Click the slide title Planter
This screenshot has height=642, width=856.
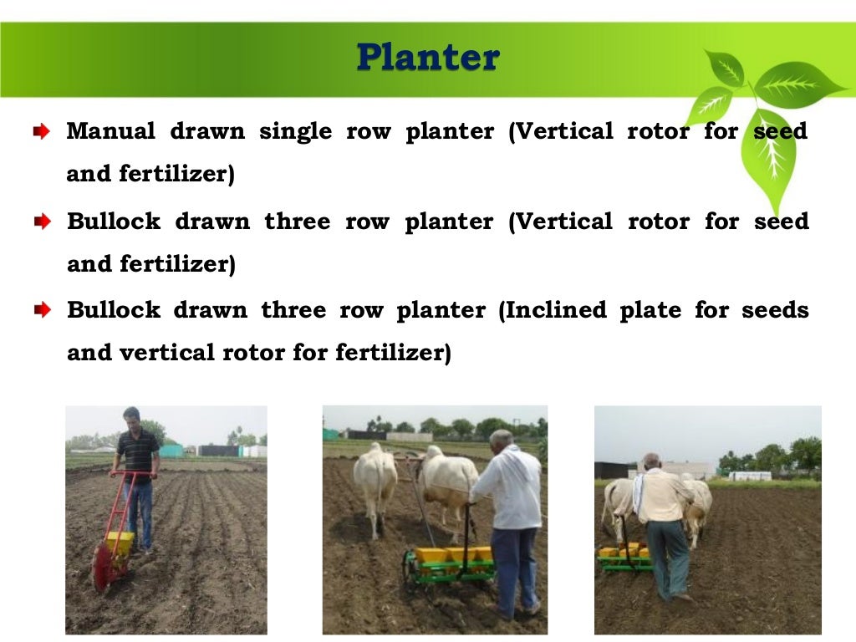tap(427, 58)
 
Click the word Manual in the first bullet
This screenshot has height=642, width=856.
tap(110, 131)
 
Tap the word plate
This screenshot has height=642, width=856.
tap(648, 311)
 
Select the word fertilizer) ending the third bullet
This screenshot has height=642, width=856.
tap(393, 353)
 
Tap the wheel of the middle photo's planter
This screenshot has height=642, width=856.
tap(410, 568)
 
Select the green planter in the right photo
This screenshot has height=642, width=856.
tap(624, 558)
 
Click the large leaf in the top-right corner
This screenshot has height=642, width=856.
tap(798, 84)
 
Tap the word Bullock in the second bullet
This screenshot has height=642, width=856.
tap(114, 222)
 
